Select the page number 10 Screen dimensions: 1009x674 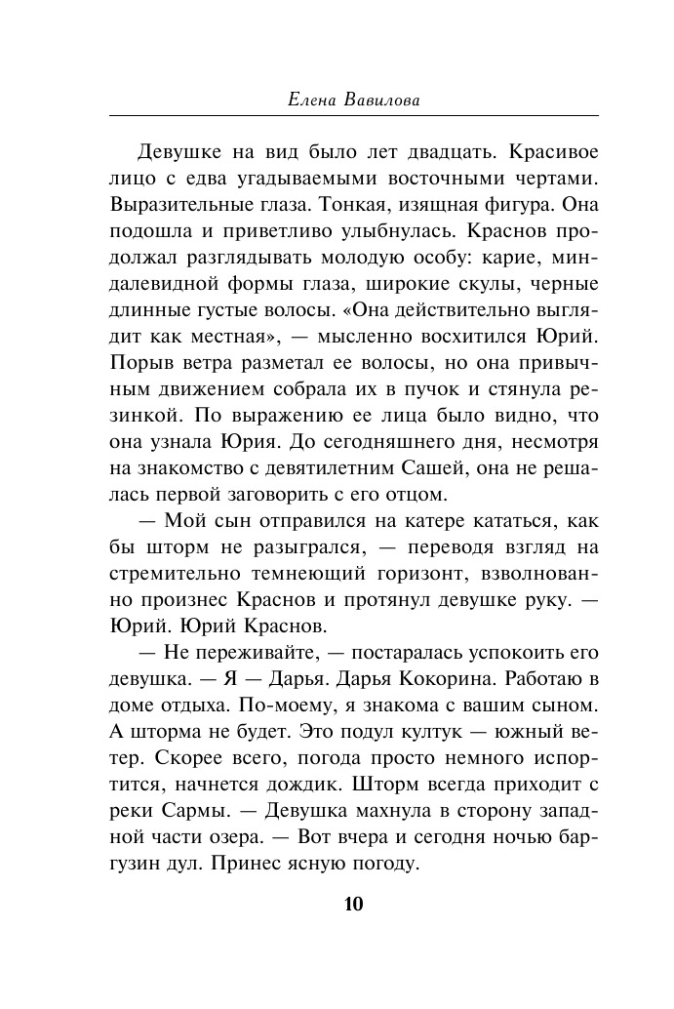click(353, 903)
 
